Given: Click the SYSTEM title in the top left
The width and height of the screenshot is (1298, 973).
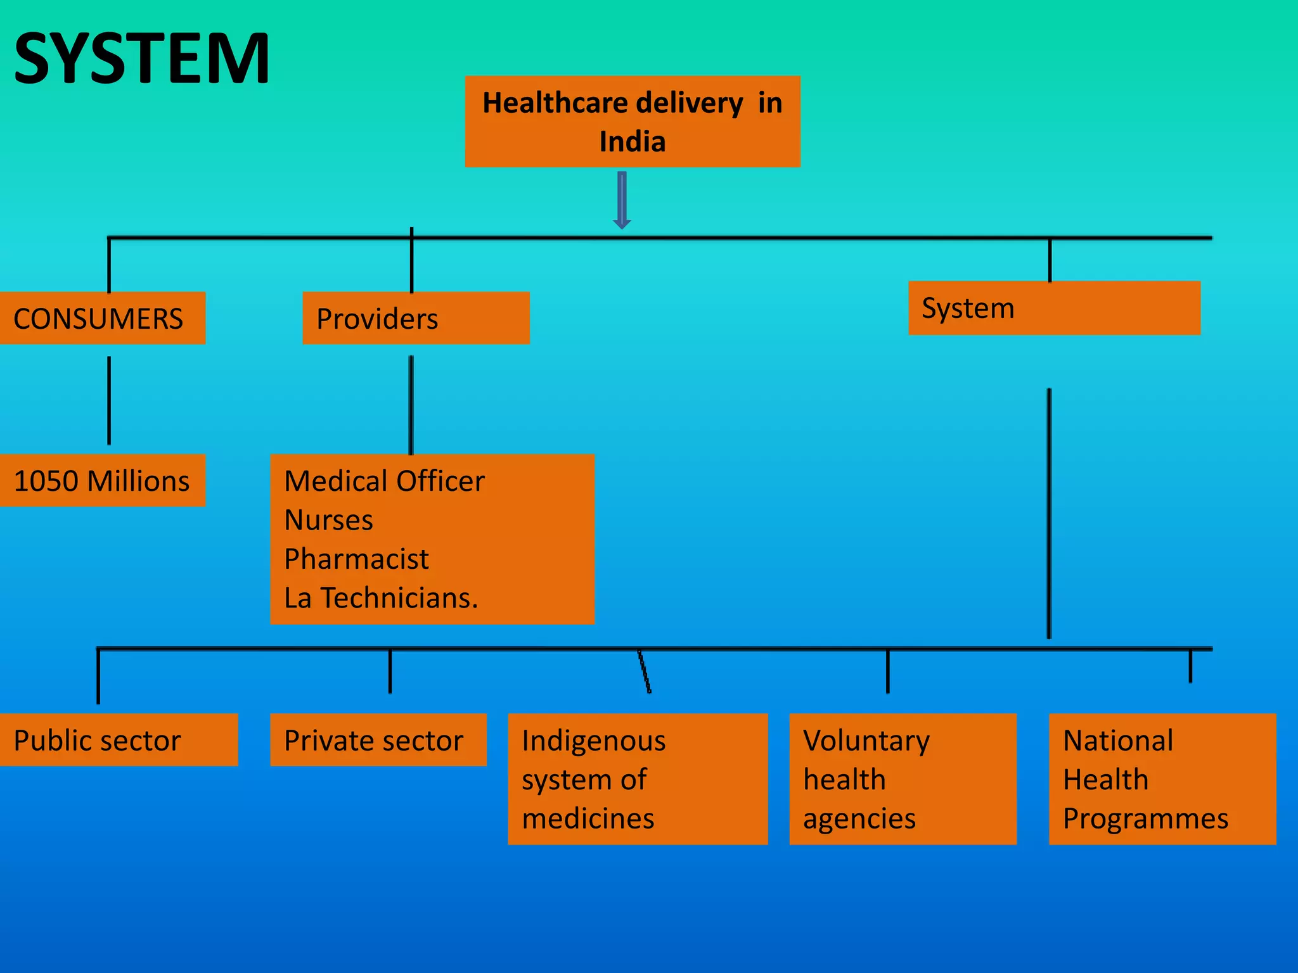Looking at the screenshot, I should click(x=142, y=59).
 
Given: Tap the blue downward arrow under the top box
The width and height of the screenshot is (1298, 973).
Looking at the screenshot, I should click(x=622, y=200).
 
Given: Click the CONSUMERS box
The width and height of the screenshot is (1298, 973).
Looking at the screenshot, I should click(x=101, y=318).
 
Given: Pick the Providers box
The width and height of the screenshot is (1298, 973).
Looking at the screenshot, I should click(x=416, y=318).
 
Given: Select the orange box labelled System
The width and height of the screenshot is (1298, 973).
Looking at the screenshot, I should click(x=1054, y=308).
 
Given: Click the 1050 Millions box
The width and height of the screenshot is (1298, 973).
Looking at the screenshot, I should click(x=101, y=480).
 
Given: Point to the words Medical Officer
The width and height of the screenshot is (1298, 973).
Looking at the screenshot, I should click(x=384, y=481).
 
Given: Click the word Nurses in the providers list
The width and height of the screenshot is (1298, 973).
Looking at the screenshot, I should click(x=328, y=520).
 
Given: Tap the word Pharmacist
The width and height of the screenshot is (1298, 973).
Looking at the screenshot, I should click(x=356, y=559).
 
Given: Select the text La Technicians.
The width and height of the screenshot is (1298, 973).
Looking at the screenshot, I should click(x=381, y=598).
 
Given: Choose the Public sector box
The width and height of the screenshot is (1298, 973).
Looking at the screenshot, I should click(x=118, y=740).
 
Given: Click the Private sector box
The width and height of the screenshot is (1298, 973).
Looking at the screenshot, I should click(x=378, y=740).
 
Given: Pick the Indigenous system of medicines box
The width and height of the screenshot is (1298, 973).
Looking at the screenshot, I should click(x=638, y=779).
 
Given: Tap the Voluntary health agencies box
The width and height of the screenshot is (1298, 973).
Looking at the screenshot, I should click(x=903, y=779).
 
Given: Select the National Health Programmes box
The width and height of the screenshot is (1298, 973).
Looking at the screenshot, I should click(x=1162, y=779).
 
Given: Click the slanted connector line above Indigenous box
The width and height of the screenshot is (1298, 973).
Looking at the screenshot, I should click(x=645, y=671).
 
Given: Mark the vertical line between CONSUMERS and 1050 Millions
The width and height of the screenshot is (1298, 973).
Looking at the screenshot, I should click(x=109, y=400).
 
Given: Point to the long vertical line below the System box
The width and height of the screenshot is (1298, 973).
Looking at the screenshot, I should click(x=1049, y=513).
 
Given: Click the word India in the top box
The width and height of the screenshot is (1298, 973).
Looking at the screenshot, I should click(x=633, y=141).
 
